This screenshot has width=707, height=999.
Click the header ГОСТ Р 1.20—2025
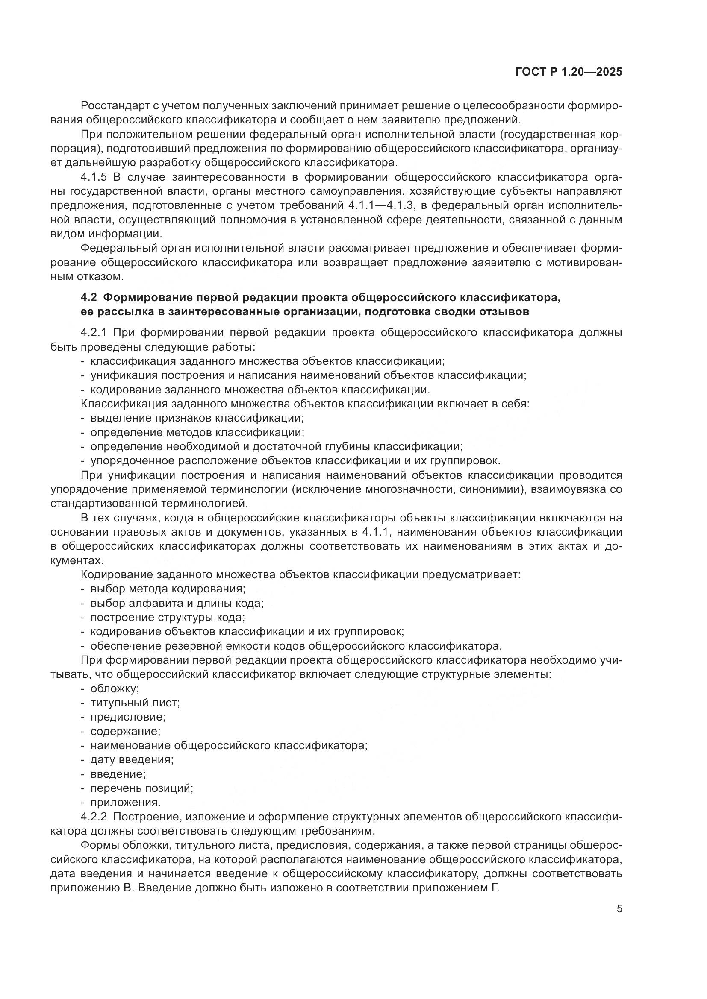[569, 72]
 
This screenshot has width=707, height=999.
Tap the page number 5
[619, 909]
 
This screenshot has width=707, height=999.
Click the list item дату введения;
[132, 760]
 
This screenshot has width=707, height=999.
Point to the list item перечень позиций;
[141, 788]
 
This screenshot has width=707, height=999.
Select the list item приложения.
[126, 803]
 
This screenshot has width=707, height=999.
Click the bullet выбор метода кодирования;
[168, 589]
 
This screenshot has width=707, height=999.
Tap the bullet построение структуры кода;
[168, 617]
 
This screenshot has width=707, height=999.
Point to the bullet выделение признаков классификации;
[197, 418]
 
